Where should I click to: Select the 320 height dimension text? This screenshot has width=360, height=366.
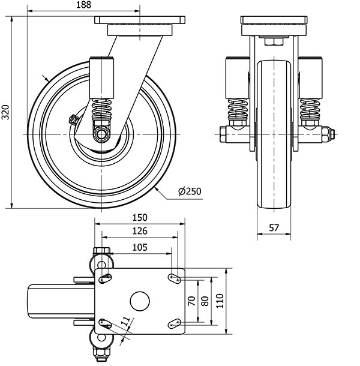click(6, 112)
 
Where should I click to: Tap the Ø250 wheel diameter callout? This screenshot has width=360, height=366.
click(190, 191)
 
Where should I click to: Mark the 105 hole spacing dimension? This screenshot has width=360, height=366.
click(139, 246)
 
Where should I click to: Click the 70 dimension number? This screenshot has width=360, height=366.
click(192, 301)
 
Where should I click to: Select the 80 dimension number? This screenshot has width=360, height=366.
click(205, 301)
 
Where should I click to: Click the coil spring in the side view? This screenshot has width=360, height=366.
click(103, 110)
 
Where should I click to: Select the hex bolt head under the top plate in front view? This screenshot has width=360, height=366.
click(274, 42)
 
